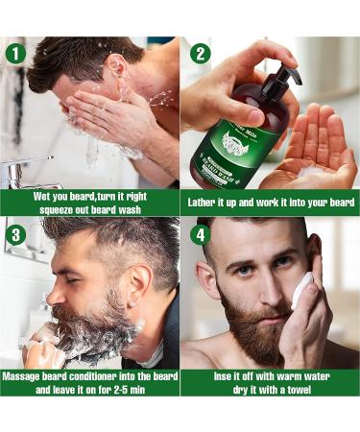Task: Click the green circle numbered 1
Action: (14, 53)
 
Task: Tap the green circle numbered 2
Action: (198, 53)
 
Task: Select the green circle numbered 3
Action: (14, 233)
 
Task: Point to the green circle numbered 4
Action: (198, 233)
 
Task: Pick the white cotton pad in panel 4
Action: (302, 290)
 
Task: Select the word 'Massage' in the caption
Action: (26, 376)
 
